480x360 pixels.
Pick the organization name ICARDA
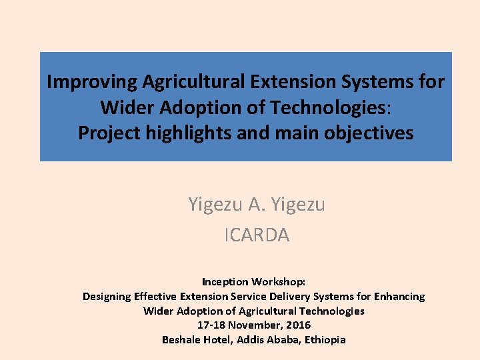click(x=257, y=235)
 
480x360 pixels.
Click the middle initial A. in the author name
click(x=256, y=204)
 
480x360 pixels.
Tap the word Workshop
click(x=281, y=281)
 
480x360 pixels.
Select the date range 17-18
click(x=211, y=325)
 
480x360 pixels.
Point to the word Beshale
click(x=182, y=339)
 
